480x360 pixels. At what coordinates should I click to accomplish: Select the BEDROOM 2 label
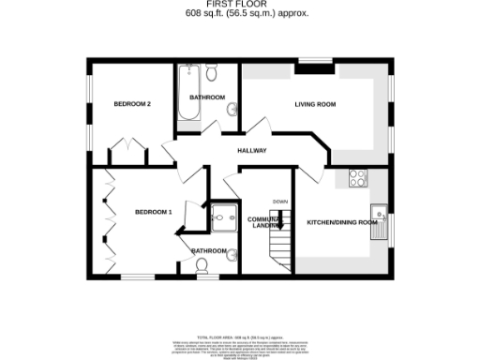(132, 103)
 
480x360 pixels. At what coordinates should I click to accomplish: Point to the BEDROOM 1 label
(153, 212)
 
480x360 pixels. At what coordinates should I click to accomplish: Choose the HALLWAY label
(251, 150)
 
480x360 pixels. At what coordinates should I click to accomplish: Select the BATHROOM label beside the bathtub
(207, 97)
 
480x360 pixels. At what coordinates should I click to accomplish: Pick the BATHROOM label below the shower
(209, 250)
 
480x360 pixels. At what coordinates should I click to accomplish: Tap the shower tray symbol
(224, 218)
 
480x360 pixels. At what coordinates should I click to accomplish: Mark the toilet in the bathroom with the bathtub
(212, 73)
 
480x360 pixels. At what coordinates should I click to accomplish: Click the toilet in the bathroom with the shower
(201, 266)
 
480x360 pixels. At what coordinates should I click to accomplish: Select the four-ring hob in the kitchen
(358, 177)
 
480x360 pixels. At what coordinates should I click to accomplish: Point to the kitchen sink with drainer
(379, 222)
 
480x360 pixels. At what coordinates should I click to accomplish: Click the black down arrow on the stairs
(279, 219)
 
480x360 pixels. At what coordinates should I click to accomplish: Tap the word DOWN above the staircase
(279, 202)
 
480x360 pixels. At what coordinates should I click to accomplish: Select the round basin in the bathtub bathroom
(232, 111)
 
